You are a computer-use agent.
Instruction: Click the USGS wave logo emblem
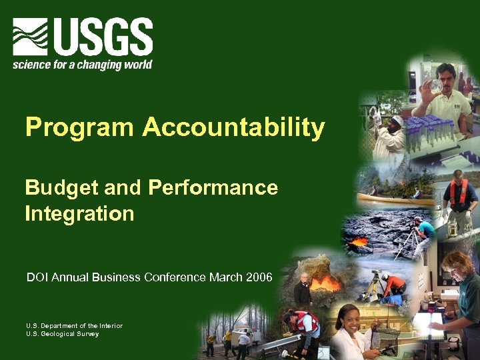coord(30,37)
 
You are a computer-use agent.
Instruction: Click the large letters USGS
coord(103,37)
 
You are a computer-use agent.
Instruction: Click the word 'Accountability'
coord(233,127)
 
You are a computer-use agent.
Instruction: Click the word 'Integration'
coord(79,214)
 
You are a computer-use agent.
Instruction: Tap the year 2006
coord(259,277)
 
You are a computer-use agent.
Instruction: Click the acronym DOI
coord(36,277)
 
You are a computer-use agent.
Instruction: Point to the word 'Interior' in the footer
coord(109,325)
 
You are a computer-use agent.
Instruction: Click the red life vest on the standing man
coord(459,194)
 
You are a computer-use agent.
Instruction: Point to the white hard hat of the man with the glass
coord(397,119)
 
